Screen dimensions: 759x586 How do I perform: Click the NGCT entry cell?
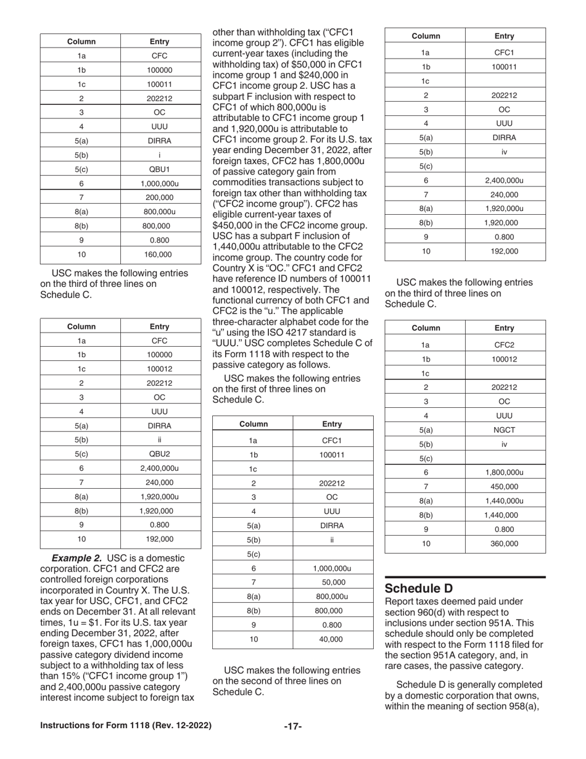tap(505, 429)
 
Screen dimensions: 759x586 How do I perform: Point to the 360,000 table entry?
tap(505, 544)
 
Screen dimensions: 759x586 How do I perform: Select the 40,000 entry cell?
tap(332, 639)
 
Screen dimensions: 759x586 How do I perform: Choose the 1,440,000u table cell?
tap(505, 500)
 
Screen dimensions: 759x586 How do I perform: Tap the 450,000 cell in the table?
tap(505, 486)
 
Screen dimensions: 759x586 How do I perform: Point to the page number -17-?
tap(292, 726)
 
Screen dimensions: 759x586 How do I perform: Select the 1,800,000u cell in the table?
tap(505, 472)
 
